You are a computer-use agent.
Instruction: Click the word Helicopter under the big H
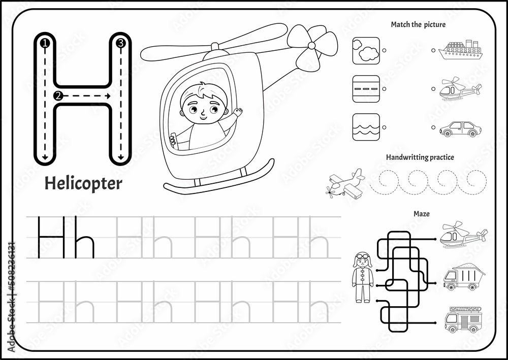(83, 183)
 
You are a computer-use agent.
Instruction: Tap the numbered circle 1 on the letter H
(45, 43)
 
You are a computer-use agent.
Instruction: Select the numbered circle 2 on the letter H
(58, 96)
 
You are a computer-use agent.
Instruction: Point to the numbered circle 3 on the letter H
(121, 43)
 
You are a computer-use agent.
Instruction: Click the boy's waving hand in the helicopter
(238, 112)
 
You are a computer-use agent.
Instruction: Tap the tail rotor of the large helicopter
(312, 46)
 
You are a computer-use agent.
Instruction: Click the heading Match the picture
(418, 24)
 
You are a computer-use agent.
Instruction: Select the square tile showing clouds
(366, 51)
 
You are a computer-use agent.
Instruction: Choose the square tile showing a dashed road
(366, 89)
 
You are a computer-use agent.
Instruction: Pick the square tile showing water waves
(366, 127)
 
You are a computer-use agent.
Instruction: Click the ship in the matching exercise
(460, 50)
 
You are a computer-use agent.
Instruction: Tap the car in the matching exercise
(460, 129)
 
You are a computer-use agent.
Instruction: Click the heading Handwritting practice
(420, 157)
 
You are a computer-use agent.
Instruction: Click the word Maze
(422, 214)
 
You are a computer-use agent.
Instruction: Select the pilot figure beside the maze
(363, 277)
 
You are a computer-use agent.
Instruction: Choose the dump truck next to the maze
(464, 277)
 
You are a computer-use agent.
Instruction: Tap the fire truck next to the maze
(463, 319)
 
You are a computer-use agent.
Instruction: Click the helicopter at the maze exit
(464, 235)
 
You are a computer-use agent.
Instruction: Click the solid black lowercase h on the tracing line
(84, 237)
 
